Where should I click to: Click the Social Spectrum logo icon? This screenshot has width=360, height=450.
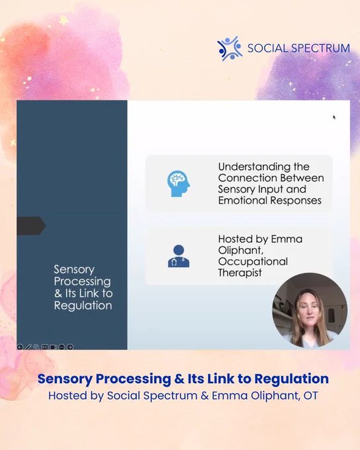pos(230,48)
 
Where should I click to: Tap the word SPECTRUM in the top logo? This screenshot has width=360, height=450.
pos(320,48)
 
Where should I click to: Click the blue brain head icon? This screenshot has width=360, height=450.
pos(179,184)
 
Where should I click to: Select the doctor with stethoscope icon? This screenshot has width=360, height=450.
pos(179,256)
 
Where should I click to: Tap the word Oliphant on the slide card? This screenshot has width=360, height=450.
pos(241,251)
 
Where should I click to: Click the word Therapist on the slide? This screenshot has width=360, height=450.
pos(240,273)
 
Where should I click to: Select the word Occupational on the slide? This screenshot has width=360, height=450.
pos(253,262)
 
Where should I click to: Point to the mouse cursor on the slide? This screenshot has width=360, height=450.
pos(334,117)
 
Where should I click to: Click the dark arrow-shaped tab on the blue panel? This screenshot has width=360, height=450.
pos(31,226)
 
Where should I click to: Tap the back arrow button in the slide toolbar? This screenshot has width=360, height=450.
pos(20,347)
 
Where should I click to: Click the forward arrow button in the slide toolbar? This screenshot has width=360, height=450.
pos(69,347)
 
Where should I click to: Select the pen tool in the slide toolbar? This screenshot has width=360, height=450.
pos(28,347)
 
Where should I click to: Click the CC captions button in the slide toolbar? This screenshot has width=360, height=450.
pos(45,347)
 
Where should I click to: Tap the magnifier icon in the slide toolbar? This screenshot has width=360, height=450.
pos(36,347)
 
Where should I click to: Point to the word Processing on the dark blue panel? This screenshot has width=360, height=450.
pos(82,282)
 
